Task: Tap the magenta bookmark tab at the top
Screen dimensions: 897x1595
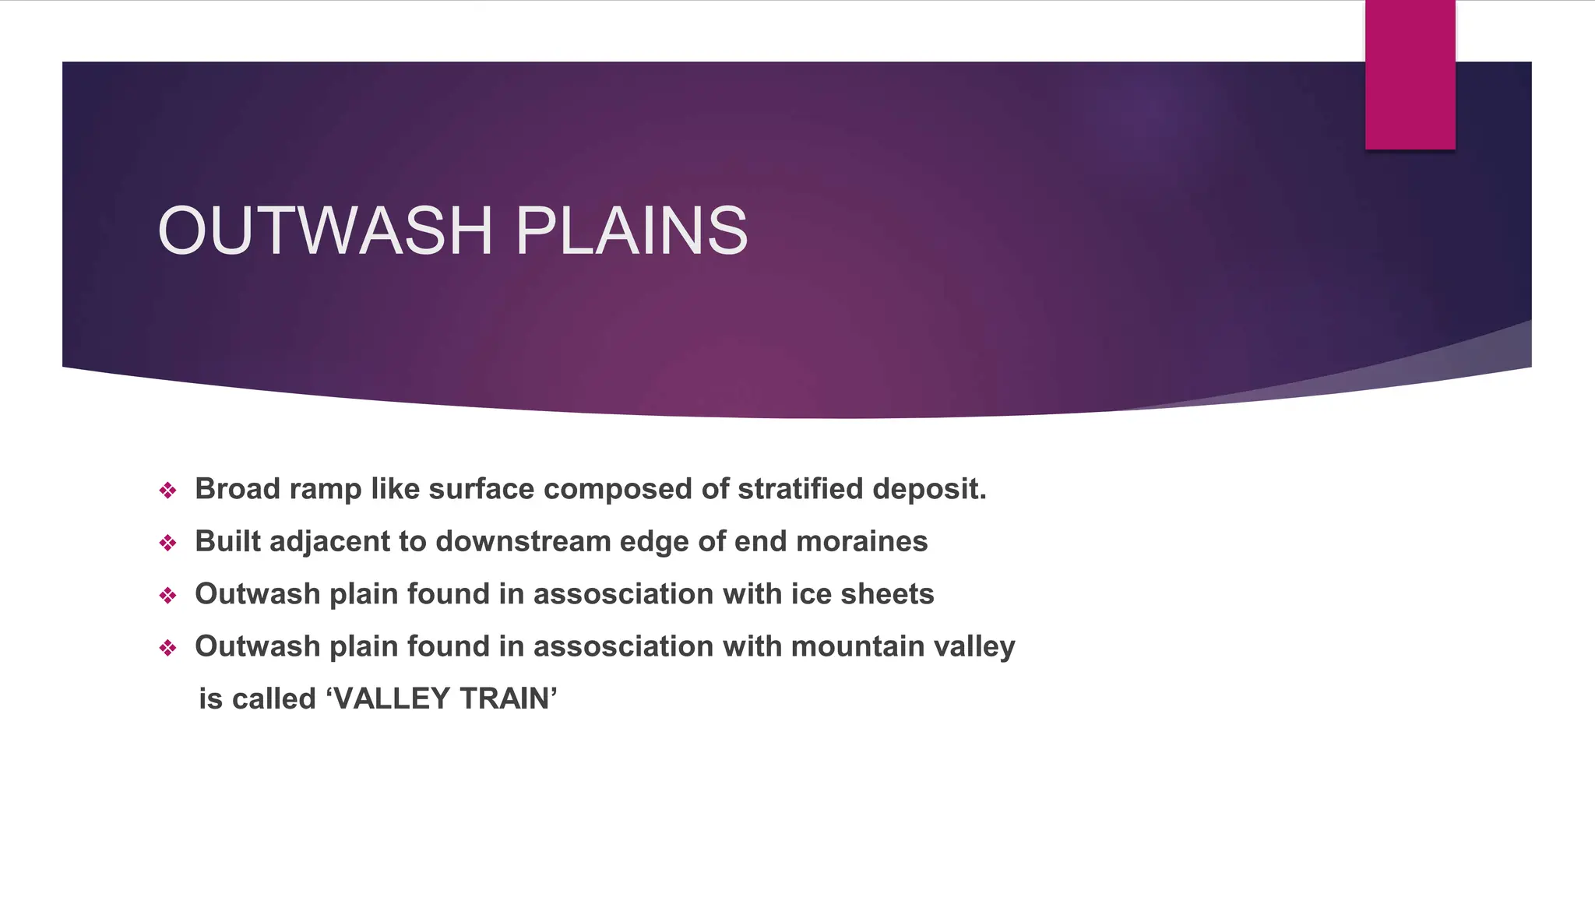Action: coord(1410,75)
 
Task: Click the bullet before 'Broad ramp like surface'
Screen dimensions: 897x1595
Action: coord(167,491)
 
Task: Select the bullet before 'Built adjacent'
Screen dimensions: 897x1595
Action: coord(167,543)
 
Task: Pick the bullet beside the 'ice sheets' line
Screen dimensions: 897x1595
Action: coord(167,596)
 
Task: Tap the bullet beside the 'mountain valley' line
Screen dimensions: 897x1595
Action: coord(167,648)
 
